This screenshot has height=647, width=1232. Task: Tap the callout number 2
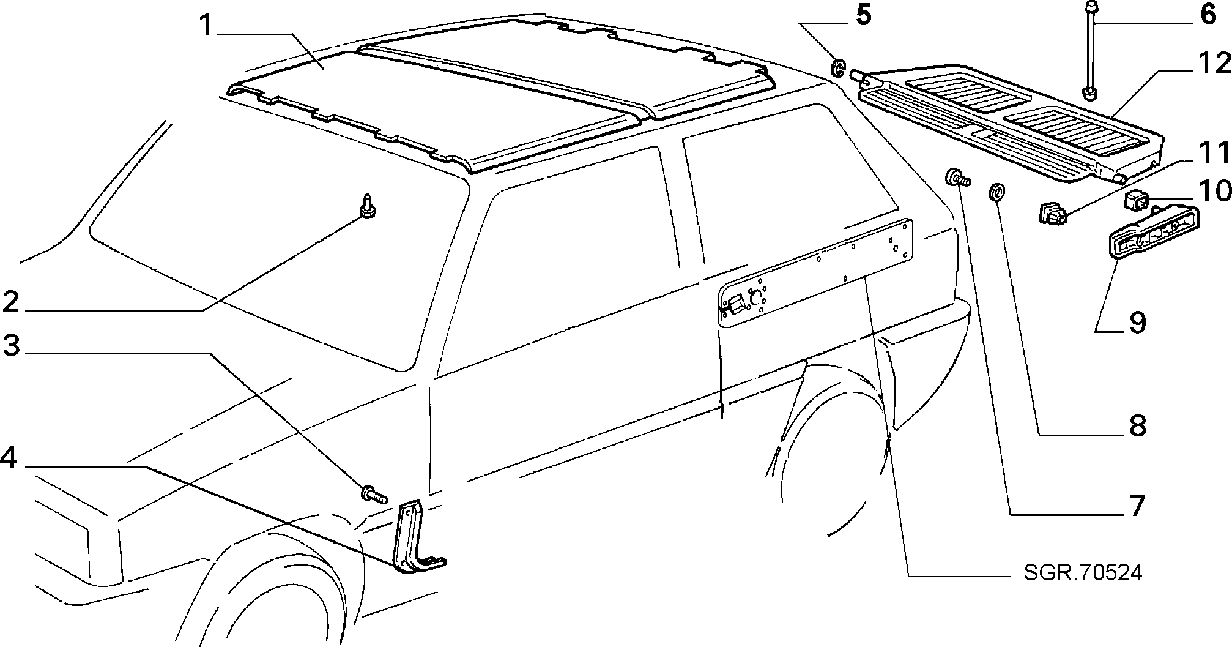tap(12, 302)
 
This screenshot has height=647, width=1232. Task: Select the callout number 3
tap(12, 346)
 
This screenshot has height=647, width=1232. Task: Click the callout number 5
tap(863, 15)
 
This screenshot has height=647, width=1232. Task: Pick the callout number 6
tap(1208, 14)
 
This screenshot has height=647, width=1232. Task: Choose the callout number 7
tap(1136, 506)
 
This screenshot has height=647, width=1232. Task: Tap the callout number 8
tap(1137, 425)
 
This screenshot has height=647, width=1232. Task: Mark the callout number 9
tap(1137, 323)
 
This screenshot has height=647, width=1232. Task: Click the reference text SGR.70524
tap(1083, 572)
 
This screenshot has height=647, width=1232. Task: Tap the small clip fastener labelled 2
tap(367, 206)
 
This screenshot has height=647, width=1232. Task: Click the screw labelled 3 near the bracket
tap(374, 493)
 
